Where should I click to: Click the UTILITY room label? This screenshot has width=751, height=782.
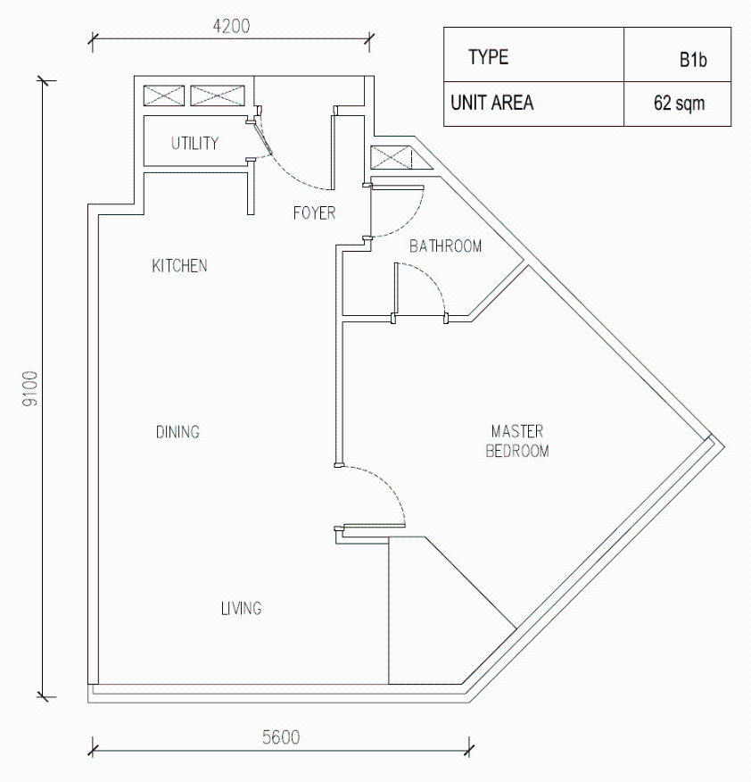coord(194,144)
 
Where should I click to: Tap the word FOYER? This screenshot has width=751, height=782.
coord(315,213)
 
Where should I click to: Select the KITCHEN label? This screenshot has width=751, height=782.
coord(180,266)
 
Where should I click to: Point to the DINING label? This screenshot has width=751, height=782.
coord(177,432)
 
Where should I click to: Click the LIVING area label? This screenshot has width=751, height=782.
coord(241,609)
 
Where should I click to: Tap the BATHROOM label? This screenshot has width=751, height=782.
coord(446,246)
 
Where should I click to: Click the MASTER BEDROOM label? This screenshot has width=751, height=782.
coord(517,441)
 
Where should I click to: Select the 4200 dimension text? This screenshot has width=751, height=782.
coord(231,26)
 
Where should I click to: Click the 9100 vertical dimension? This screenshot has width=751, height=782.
coord(30,388)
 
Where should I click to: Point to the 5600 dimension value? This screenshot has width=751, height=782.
coord(281,737)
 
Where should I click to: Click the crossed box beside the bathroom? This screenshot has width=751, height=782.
coord(392,158)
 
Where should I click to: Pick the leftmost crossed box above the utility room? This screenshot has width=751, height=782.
coord(164,96)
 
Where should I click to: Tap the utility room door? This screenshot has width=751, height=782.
coord(262,137)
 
